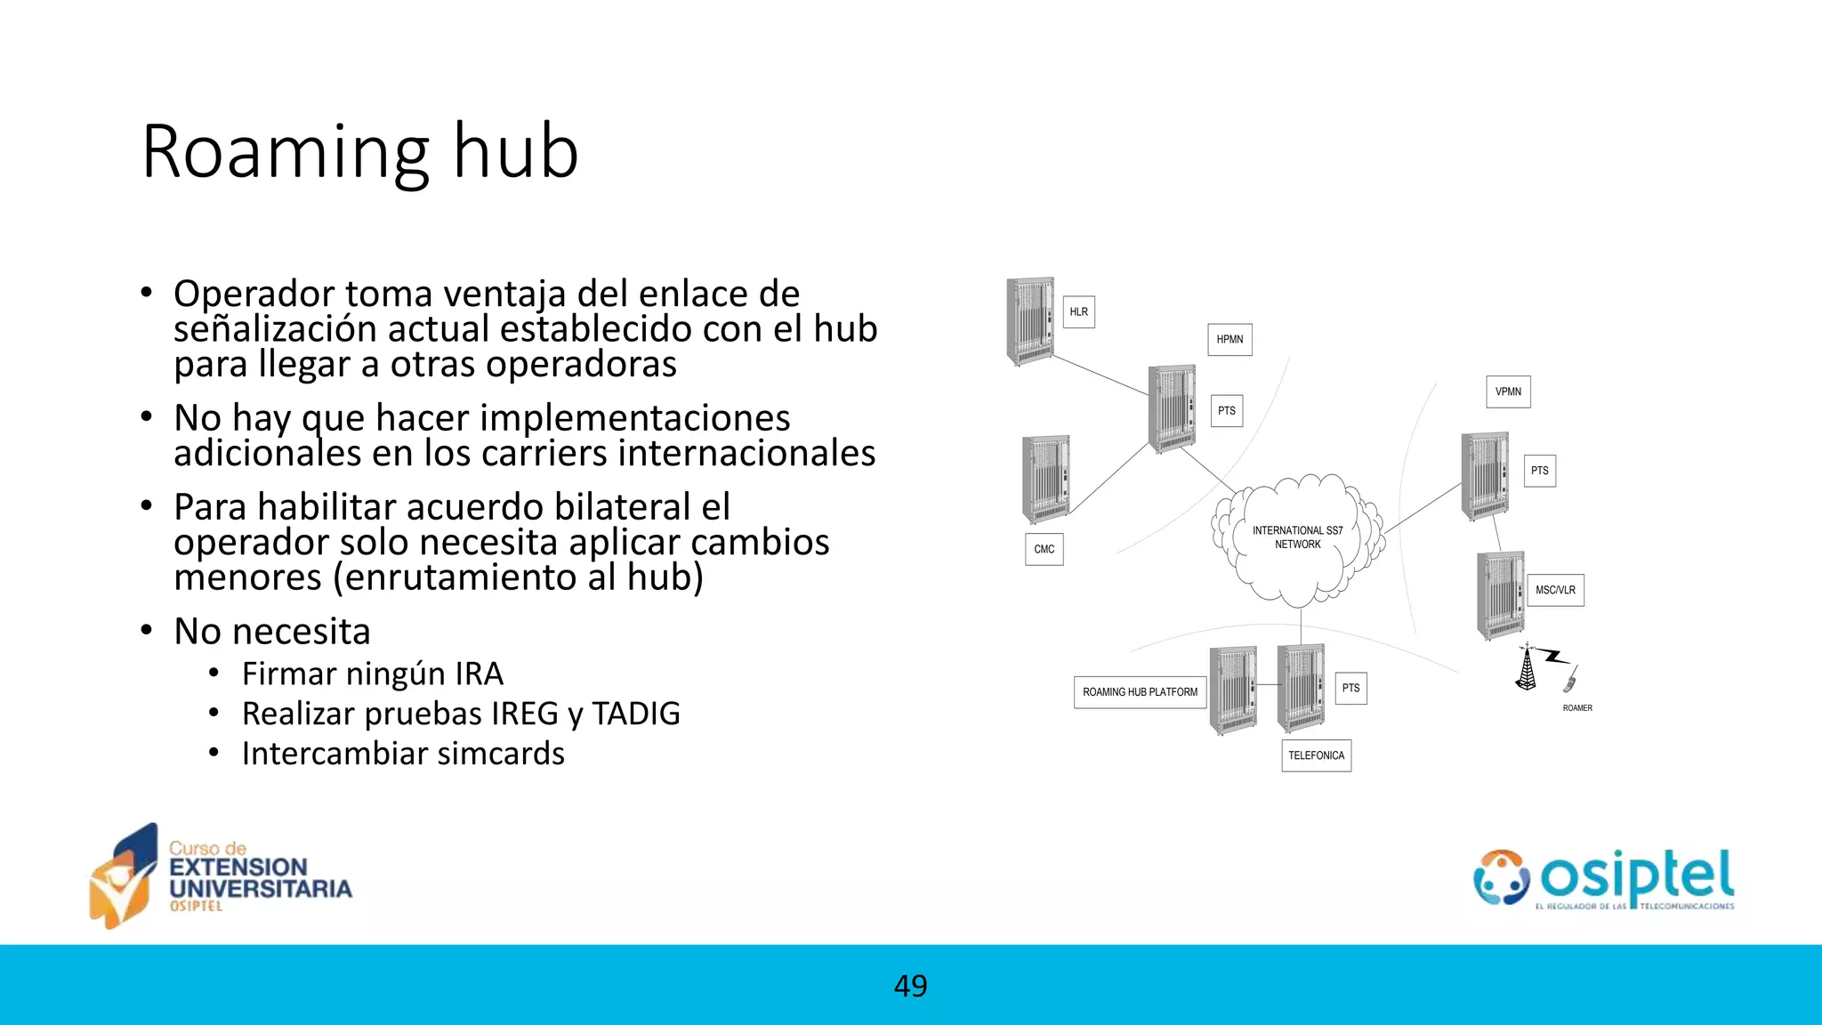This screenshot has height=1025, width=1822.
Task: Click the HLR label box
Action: [x=1078, y=312]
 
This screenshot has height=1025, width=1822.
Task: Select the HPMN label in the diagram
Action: [x=1229, y=340]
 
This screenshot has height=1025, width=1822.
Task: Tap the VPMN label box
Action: [x=1508, y=391]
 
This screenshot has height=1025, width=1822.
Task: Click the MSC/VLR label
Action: [x=1555, y=590]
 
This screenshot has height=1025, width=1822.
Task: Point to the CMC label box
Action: [x=1044, y=549]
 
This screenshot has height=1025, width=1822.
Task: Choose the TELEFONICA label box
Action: [x=1316, y=755]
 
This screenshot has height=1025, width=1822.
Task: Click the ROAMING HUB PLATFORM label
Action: [x=1140, y=691]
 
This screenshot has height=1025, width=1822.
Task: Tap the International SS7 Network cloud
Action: [x=1297, y=538]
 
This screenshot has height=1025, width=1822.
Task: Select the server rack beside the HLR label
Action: [x=1030, y=321]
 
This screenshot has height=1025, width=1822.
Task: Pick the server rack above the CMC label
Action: [x=1045, y=479]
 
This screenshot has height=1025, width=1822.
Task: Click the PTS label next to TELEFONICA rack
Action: [x=1350, y=688]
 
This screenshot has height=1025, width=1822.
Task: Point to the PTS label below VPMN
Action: [x=1539, y=471]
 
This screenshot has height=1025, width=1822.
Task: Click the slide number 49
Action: [x=910, y=986]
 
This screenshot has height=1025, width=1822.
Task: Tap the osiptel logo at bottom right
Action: [x=1603, y=879]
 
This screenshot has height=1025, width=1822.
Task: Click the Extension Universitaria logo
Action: [x=221, y=876]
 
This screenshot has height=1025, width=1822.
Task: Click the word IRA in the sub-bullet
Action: [x=479, y=674]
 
